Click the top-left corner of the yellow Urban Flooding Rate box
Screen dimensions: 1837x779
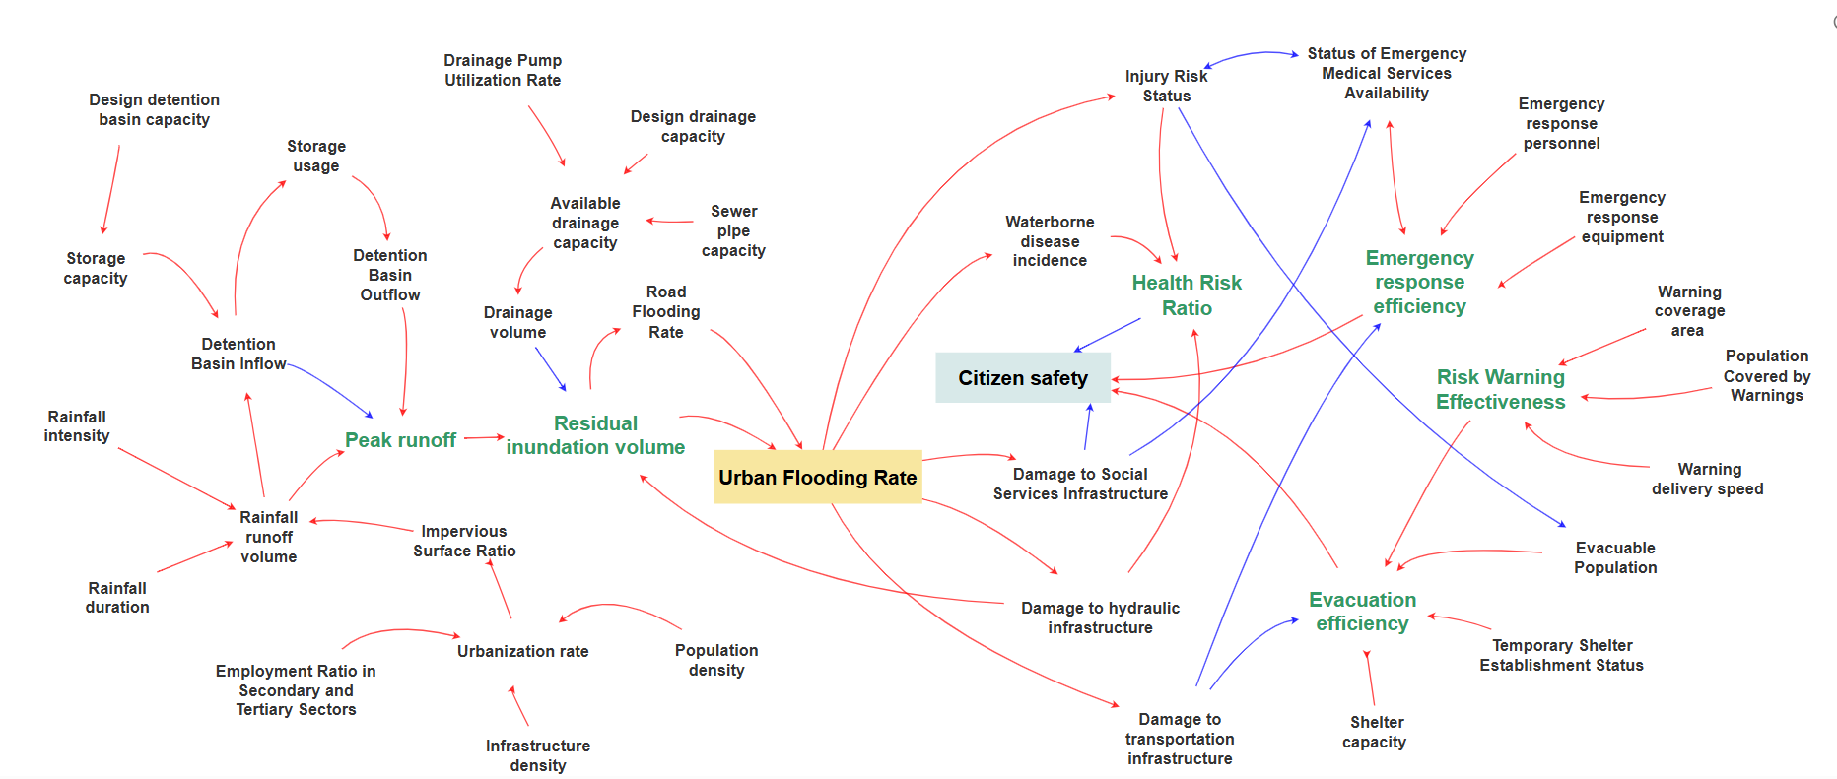pos(714,450)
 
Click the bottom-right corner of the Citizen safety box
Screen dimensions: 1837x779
pos(1111,403)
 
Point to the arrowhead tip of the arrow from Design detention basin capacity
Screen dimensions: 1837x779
pos(102,234)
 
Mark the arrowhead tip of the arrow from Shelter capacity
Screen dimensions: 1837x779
pos(1365,650)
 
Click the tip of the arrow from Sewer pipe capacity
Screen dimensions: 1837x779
pos(646,221)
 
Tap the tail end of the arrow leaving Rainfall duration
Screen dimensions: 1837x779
pos(158,571)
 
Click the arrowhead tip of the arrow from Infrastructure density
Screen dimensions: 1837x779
pos(510,686)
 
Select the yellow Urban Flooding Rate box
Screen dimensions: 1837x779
pos(818,477)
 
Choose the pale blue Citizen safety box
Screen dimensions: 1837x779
pos(1023,378)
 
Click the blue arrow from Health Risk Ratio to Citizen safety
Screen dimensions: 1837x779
pos(1108,335)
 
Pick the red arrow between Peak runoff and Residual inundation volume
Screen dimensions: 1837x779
pos(484,437)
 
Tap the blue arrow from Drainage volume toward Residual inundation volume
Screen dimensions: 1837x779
pos(551,369)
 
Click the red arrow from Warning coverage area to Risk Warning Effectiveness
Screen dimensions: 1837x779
pos(1602,347)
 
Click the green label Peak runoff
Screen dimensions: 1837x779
pos(400,440)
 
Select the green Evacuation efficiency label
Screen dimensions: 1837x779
pos(1362,612)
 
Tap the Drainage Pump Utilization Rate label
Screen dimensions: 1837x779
pos(503,70)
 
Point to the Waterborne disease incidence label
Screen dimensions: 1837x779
pos(1050,241)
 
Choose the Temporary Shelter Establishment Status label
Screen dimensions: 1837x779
pos(1562,655)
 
